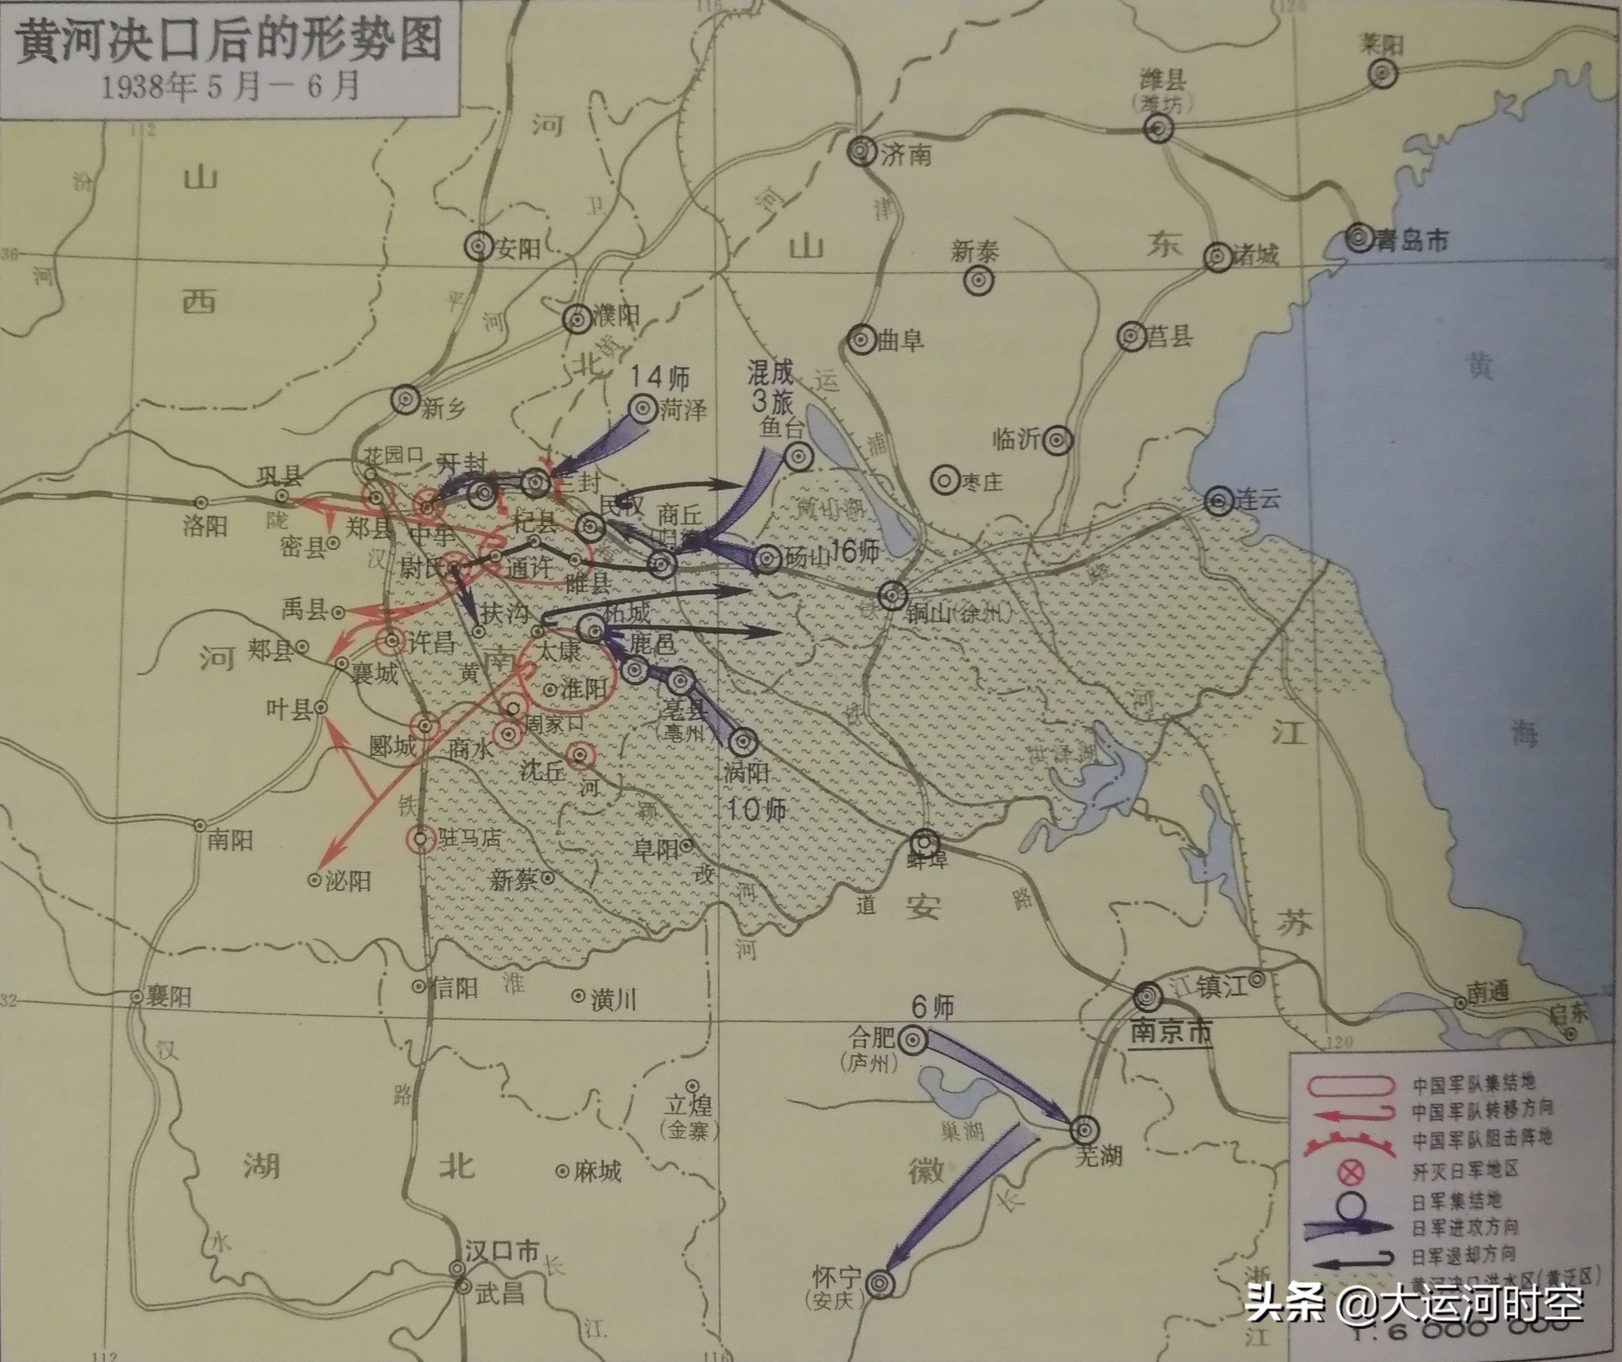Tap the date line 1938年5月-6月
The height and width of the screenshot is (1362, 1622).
(230, 86)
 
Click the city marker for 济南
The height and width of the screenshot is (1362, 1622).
(861, 151)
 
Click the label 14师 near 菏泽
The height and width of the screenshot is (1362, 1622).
(659, 377)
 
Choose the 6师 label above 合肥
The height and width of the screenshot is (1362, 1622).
(932, 1006)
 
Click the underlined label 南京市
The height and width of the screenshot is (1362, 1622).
(1171, 1032)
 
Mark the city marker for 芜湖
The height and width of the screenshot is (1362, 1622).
(1084, 1129)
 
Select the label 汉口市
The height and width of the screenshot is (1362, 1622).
(501, 1251)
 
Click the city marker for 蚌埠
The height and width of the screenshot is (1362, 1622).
(926, 842)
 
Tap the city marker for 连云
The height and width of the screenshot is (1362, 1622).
(1219, 501)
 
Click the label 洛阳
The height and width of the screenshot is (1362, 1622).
(205, 527)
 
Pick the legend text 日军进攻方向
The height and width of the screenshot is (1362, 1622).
(1464, 1226)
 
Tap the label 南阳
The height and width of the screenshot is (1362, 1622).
(230, 840)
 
